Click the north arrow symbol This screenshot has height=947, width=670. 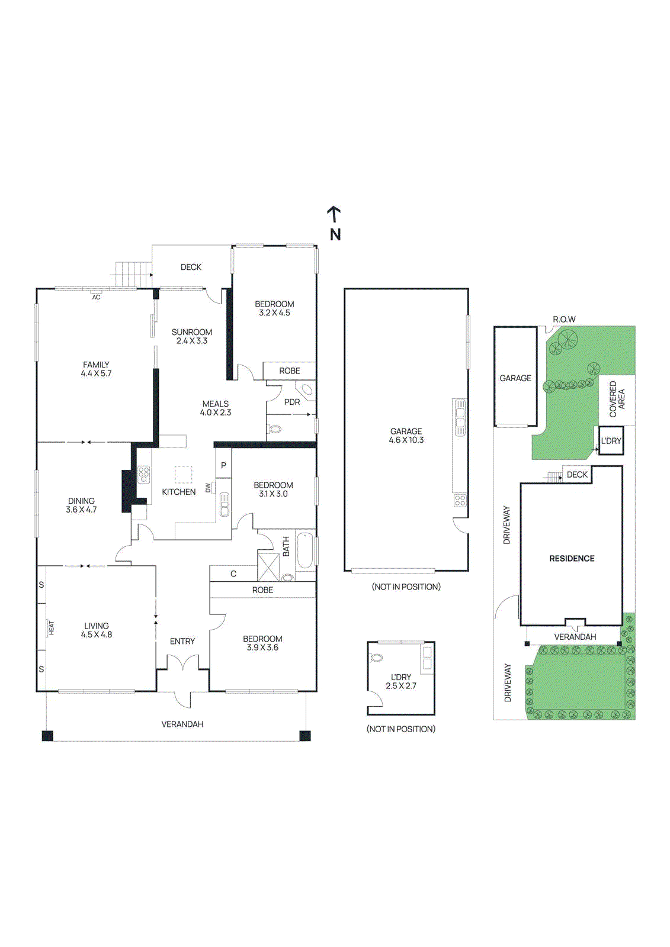(334, 214)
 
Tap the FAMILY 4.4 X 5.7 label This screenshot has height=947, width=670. (96, 369)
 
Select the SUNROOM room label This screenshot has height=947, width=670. (191, 333)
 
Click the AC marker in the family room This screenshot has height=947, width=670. (96, 297)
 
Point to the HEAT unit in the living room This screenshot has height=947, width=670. (51, 628)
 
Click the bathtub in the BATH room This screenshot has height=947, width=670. (305, 550)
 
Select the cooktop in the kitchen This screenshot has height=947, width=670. (143, 475)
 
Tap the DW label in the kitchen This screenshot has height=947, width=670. (208, 488)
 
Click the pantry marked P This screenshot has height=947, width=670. (223, 466)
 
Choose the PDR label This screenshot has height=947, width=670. (292, 402)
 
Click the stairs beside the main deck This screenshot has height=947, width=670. (130, 275)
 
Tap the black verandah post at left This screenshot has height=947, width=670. (47, 736)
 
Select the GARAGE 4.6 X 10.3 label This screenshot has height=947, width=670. (406, 436)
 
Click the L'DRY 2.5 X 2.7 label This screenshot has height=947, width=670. (401, 681)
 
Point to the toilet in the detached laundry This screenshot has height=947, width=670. (376, 658)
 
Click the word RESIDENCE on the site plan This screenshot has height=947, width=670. (572, 559)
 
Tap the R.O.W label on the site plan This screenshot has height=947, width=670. (564, 320)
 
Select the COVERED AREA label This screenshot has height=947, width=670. (617, 399)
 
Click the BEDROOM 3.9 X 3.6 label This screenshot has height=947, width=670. (262, 643)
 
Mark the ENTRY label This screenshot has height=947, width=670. (182, 642)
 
